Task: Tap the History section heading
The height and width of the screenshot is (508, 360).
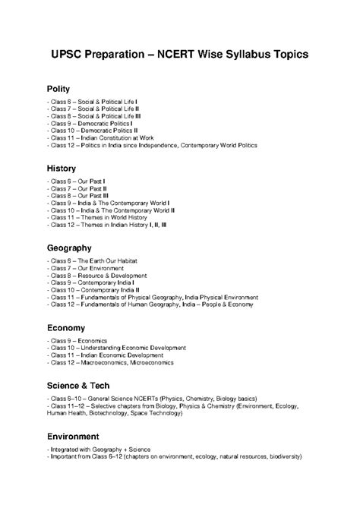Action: (x=62, y=168)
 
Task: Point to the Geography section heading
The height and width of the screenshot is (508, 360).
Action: (x=69, y=248)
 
